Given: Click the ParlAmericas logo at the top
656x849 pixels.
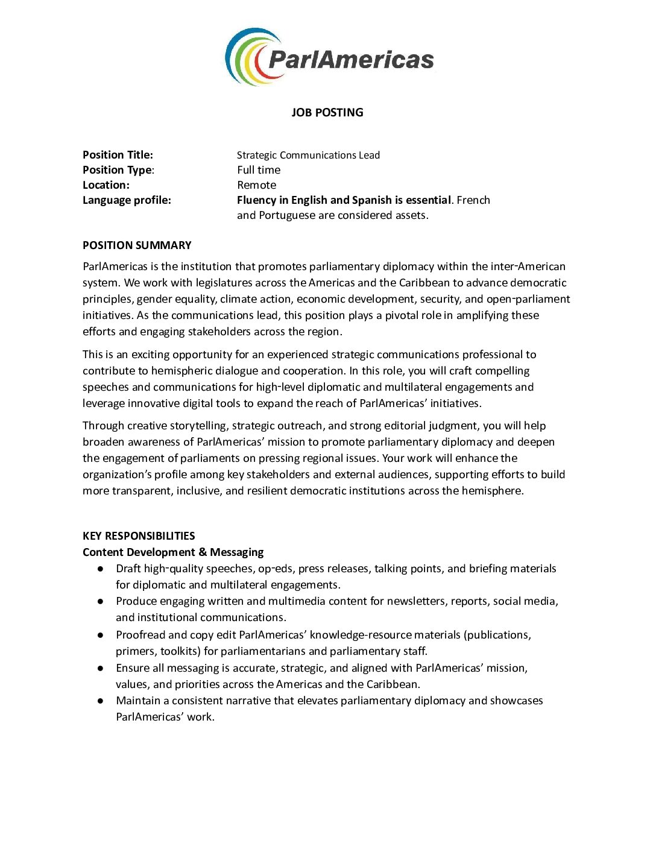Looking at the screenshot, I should coord(329,57).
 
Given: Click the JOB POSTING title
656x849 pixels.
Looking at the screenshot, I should coord(327,112).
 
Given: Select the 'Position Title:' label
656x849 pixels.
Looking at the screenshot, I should coord(118,155).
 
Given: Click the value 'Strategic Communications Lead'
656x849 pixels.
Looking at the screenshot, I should coord(308,155).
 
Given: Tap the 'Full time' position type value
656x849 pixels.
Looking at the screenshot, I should coord(259,170).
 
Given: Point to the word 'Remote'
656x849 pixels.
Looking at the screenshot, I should coord(256,185).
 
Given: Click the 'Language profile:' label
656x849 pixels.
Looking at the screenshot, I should coord(127,200).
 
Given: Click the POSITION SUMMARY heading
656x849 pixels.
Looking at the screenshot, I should coord(137,245).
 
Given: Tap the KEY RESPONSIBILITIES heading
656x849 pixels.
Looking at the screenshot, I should coord(139,536).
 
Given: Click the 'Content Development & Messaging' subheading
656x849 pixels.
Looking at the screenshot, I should coord(173,552).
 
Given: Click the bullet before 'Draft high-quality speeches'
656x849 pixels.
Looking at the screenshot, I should coord(102,569).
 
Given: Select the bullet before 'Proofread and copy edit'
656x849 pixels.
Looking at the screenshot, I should coord(102,635).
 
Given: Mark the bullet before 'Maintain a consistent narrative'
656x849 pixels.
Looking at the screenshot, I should coord(102,701).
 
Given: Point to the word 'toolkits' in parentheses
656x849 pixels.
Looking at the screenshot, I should coord(180,651).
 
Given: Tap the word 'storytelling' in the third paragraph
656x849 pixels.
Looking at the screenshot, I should coord(197,426).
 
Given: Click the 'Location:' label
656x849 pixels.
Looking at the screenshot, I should coord(106,185).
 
